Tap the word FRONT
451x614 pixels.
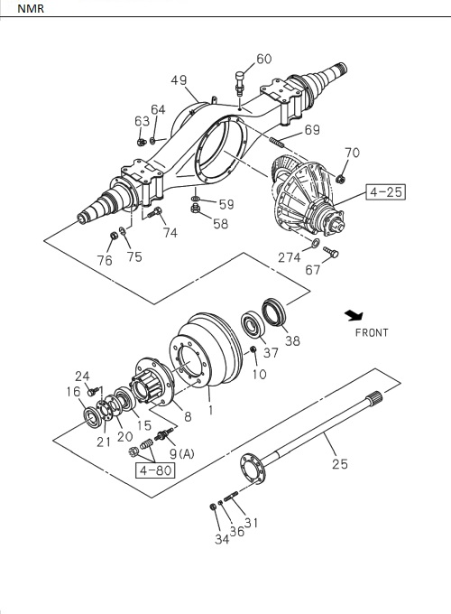(x=371, y=332)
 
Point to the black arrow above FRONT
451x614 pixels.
(x=353, y=315)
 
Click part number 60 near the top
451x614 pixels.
(x=263, y=60)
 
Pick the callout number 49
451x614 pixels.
(x=179, y=80)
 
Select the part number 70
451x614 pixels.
(x=352, y=153)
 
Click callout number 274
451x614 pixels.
(x=290, y=256)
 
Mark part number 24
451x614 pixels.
(x=82, y=377)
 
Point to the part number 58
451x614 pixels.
(x=220, y=223)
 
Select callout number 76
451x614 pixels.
(x=105, y=261)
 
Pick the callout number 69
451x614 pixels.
(x=311, y=131)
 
